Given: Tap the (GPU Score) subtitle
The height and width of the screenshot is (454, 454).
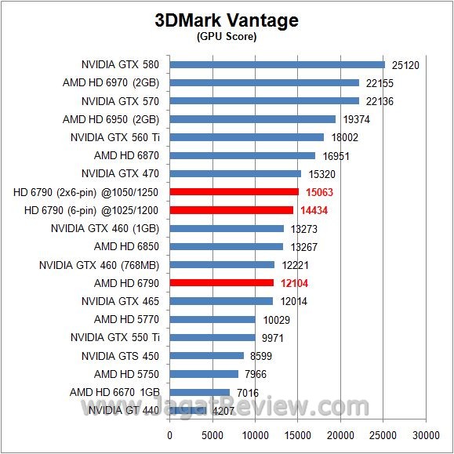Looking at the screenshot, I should [x=227, y=37].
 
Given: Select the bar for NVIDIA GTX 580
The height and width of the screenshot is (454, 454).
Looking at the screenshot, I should [x=277, y=64].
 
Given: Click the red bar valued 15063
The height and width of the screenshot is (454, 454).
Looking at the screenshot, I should [x=234, y=191].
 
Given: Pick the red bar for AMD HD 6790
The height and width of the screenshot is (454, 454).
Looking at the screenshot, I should [x=221, y=282].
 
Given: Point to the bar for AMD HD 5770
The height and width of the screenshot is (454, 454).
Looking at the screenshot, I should [x=212, y=319].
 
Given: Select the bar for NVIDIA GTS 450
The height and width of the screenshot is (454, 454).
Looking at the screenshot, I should [x=206, y=355].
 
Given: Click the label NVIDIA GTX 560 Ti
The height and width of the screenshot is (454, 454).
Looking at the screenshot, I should [x=115, y=137].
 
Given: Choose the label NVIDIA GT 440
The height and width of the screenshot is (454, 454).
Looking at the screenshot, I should [x=124, y=409].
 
